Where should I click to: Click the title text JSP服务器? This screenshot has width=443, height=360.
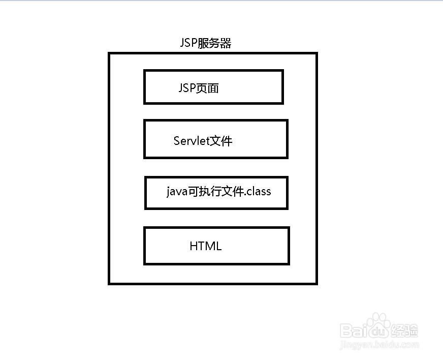click(206, 44)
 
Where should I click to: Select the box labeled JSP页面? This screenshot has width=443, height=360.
click(213, 87)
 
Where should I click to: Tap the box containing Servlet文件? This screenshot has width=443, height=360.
click(216, 139)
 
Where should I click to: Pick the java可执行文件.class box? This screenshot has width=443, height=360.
click(216, 193)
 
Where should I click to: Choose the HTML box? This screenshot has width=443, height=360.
click(216, 246)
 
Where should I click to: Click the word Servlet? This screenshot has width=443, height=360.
click(192, 141)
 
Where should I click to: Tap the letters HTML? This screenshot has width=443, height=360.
click(206, 246)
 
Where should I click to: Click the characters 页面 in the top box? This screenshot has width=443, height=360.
click(208, 88)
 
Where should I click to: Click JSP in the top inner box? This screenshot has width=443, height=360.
click(187, 88)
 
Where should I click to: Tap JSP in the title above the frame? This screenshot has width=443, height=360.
click(189, 44)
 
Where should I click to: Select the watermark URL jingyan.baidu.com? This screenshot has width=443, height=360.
click(379, 345)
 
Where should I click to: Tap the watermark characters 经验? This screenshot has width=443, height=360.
click(404, 331)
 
